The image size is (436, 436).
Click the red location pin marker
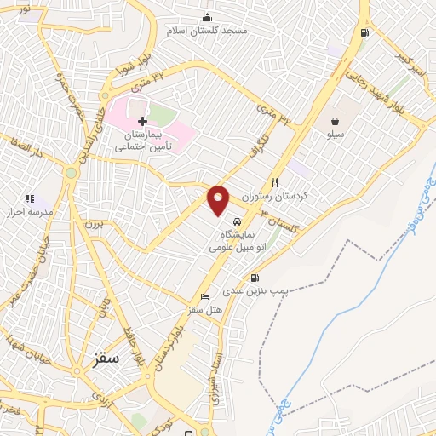pyautogui.click(x=219, y=199)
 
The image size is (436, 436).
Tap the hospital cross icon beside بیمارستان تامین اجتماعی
pyautogui.click(x=142, y=122)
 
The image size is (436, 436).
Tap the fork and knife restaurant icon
pyautogui.click(x=274, y=181)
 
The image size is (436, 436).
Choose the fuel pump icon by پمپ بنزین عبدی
pyautogui.click(x=254, y=278)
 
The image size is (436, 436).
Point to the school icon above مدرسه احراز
pyautogui.click(x=30, y=198)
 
